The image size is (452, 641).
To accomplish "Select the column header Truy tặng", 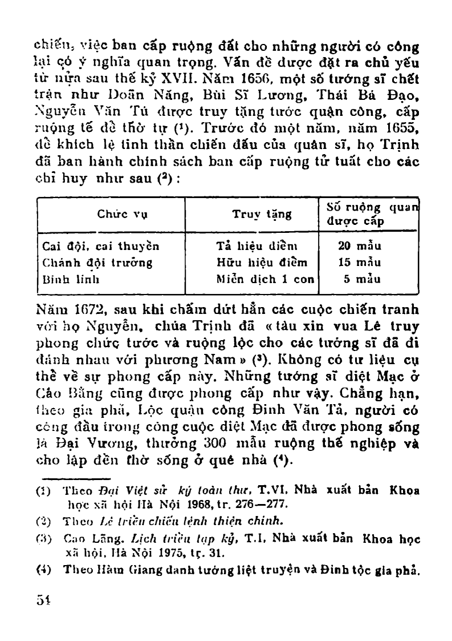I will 262,215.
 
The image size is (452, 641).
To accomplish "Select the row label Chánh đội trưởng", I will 97,263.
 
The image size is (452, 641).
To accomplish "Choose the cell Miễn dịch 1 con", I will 262,279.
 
